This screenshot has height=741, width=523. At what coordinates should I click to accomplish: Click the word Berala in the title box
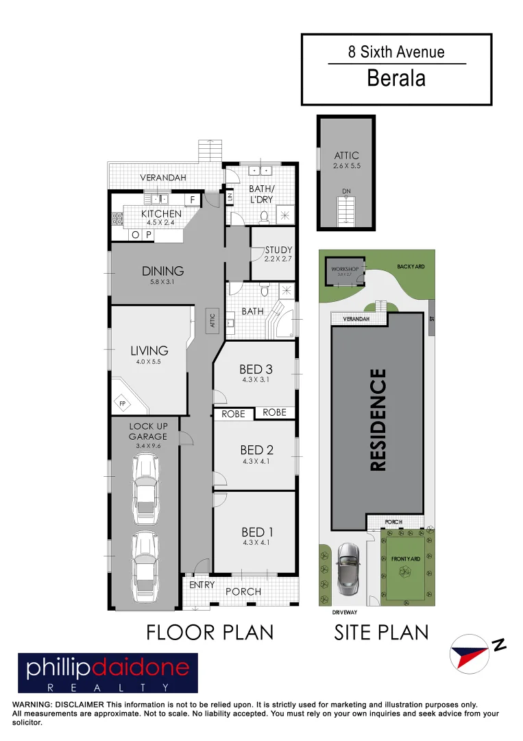pos(396,78)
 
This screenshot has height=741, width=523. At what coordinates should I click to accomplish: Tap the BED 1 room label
pos(254,532)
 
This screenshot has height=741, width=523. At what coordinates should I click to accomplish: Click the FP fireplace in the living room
pos(124,403)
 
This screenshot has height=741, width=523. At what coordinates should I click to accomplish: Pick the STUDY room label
pos(278,250)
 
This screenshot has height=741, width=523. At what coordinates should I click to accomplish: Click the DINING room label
pos(163,270)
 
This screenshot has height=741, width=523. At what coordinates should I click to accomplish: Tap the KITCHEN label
pos(162,214)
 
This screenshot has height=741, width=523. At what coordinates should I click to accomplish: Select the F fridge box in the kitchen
pos(193,199)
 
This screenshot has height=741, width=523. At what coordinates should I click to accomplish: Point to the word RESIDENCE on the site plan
pos(378,420)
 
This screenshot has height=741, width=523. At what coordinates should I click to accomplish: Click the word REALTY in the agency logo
pos(108,687)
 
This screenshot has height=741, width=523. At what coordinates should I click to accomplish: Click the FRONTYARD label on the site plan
pos(404,559)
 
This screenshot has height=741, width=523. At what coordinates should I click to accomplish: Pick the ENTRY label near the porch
pos(202,585)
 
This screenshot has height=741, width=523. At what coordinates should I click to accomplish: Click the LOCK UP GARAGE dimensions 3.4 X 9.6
pos(147,446)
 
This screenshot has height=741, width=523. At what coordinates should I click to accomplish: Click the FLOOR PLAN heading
pos(210,632)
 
